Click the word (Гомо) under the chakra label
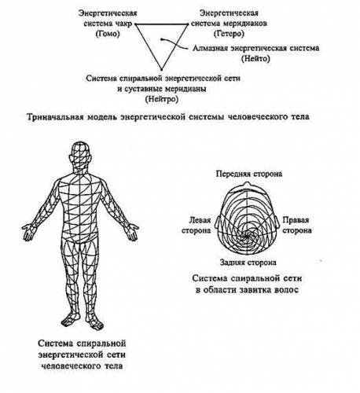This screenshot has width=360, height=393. tap(108, 34)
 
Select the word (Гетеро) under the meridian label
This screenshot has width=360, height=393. tap(229, 34)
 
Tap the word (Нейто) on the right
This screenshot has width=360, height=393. tap(255, 58)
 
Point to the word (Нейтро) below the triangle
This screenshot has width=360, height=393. tap(161, 99)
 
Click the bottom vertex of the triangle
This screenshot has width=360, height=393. tap(161, 69)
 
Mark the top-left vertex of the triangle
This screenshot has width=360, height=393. tap(136, 24)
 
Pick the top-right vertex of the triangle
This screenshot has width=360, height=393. tap(188, 24)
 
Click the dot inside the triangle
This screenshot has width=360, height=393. tap(162, 39)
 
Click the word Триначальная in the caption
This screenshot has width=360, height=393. tap(55, 116)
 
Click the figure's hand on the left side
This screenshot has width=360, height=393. tap(28, 232)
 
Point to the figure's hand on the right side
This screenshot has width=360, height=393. tap(132, 231)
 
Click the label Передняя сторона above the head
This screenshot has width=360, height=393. tap(249, 174)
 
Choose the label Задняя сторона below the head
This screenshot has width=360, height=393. tap(248, 263)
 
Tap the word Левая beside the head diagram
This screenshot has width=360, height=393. tap(200, 220)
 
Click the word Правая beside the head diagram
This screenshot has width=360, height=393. tap(296, 220)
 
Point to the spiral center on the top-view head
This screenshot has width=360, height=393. tap(247, 236)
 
